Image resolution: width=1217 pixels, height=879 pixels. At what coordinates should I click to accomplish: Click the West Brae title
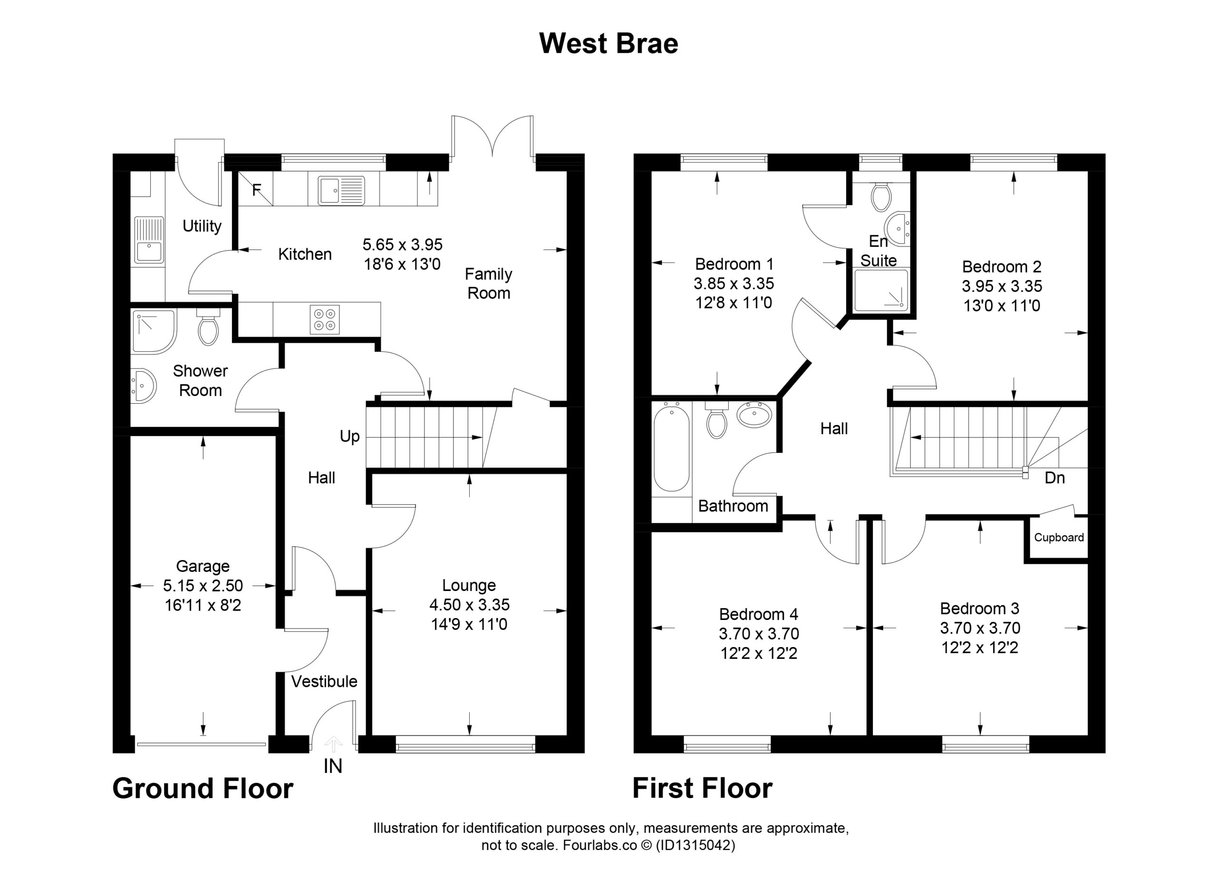608,43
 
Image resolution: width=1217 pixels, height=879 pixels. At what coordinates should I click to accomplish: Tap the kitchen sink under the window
341,191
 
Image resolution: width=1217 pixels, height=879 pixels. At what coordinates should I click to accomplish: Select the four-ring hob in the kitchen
325,319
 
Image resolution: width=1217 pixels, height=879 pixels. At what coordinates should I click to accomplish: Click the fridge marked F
255,188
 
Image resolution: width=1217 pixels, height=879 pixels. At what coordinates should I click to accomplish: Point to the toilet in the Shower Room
208,327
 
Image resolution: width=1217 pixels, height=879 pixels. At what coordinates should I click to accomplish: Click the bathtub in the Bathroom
672,449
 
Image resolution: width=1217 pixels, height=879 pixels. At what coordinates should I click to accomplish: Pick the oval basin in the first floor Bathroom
754,414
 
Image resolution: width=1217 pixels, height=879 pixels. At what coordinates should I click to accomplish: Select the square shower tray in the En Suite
881,290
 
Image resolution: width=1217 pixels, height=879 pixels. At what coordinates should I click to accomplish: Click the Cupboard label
1059,538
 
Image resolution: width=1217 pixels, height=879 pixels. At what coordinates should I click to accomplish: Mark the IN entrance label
333,766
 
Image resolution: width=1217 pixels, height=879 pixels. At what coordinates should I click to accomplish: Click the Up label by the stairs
349,437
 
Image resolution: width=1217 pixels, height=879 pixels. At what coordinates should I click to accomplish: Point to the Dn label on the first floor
1054,478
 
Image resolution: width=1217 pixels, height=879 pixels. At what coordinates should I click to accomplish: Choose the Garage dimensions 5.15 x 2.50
203,586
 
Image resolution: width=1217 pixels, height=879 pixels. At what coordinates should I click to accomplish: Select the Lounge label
469,585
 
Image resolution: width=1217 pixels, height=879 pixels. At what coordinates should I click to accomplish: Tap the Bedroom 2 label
1001,267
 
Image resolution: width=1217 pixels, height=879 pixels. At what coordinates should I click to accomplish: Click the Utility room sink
149,241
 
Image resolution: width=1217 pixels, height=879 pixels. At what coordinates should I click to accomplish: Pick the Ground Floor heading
203,788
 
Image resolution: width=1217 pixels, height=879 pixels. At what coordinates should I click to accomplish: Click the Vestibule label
324,682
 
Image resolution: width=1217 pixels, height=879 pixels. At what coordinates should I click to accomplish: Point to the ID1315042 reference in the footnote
695,845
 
